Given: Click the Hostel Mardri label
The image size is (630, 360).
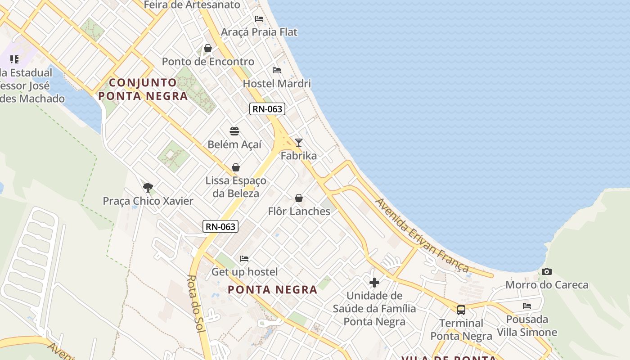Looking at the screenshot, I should click(x=277, y=84).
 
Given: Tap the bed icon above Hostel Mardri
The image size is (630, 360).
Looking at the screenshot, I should click(x=277, y=70).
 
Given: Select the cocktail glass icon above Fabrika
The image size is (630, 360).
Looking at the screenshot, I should click(x=299, y=143).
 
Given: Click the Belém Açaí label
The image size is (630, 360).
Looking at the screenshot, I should click(x=234, y=145).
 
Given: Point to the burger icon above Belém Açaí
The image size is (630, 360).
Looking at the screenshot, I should click(x=234, y=131).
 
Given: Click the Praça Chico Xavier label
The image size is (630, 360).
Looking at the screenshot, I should click(x=148, y=201).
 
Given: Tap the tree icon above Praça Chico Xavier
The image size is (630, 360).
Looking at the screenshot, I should click(x=148, y=187).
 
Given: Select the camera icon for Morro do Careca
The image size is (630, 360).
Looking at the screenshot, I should click(x=547, y=271).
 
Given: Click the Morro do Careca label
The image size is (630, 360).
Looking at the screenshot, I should click(x=547, y=285).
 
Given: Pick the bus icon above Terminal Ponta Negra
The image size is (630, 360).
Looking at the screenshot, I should click(x=461, y=310).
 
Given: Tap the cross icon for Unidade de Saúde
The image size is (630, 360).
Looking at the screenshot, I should click(x=374, y=283).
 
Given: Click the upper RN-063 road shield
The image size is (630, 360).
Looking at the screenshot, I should click(x=267, y=109).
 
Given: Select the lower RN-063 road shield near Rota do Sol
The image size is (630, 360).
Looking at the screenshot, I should click(x=220, y=226).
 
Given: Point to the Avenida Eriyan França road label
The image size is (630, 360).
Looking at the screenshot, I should click(x=422, y=235).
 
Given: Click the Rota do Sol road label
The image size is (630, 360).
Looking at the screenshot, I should click(x=196, y=304).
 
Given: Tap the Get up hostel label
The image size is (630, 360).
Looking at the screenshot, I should click(x=245, y=272).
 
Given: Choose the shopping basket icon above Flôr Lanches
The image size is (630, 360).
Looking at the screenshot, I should click(x=299, y=198).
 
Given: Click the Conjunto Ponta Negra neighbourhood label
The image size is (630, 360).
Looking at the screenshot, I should click(x=143, y=89).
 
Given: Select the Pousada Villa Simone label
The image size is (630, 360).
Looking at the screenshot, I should click(x=527, y=326).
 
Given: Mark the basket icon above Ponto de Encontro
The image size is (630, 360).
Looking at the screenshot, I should click(x=208, y=48).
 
